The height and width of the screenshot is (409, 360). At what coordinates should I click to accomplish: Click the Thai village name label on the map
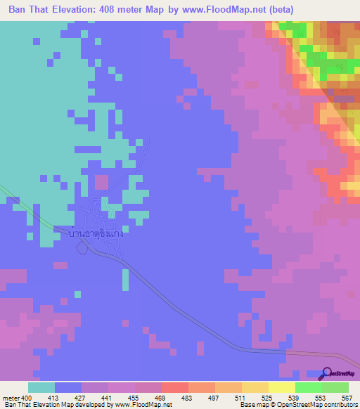[x=97, y=233]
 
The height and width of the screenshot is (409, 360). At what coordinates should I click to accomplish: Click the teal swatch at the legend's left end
[x=41, y=387]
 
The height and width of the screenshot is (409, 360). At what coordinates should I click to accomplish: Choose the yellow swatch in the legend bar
[x=281, y=387]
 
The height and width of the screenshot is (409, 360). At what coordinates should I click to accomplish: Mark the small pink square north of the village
[x=101, y=182]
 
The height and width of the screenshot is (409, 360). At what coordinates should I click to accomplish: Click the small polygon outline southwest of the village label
[x=84, y=247]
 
